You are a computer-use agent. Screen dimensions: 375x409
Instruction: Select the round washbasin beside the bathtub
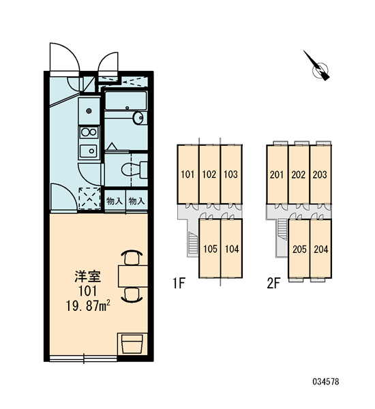(x=138, y=118)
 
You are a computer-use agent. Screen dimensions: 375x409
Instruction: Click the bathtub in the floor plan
(x=125, y=101)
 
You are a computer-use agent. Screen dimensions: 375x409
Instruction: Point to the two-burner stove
(x=89, y=132)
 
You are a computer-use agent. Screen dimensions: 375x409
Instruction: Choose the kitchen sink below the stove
(x=89, y=151)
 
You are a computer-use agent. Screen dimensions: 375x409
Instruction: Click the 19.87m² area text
(x=88, y=305)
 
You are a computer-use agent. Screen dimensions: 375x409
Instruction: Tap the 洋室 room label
(x=88, y=277)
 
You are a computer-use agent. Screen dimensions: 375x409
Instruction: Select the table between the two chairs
(x=133, y=276)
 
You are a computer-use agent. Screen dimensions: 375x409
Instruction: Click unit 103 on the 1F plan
(x=231, y=175)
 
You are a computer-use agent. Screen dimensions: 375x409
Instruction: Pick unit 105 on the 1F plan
(x=210, y=249)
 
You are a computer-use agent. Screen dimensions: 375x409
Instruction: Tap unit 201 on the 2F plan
(x=277, y=175)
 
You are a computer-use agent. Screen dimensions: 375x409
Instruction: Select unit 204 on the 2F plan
(x=320, y=249)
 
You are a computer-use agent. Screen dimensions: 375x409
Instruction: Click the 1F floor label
(x=179, y=284)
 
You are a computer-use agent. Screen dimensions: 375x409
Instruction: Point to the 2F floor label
(x=273, y=284)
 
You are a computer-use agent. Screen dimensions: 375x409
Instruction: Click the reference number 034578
(x=326, y=382)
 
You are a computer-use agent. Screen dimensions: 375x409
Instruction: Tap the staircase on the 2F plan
(x=282, y=228)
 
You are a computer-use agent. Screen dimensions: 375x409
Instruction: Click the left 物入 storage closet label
(x=114, y=201)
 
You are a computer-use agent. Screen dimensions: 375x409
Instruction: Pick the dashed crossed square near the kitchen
(x=89, y=198)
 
